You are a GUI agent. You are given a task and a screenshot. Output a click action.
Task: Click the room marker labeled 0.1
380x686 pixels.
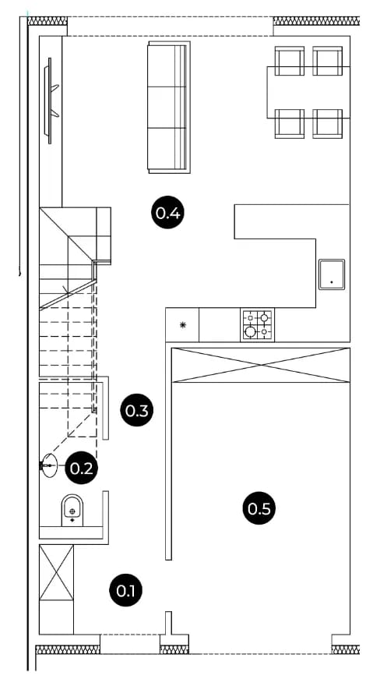point(126,591)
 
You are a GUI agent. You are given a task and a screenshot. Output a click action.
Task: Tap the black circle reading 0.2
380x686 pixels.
point(82,469)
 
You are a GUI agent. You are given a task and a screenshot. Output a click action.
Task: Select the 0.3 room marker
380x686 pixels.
point(137,410)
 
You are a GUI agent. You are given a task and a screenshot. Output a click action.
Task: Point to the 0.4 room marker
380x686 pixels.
point(168,213)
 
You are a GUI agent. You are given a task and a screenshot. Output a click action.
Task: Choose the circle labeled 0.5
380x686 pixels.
point(259,508)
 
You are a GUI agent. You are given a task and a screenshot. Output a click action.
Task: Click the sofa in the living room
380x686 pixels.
point(169,108)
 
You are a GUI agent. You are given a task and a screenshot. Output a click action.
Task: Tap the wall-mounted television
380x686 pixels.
point(51,101)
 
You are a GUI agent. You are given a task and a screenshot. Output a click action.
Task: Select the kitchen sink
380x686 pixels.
point(332,274)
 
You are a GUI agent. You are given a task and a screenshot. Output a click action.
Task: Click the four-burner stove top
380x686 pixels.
point(257,324)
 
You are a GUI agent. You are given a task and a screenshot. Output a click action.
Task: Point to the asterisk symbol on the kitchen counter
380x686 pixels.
point(183,324)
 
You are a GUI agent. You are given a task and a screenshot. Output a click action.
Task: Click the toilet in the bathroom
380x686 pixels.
point(72,510)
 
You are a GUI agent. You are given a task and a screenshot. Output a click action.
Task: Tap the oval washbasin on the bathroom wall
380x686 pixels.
point(49,465)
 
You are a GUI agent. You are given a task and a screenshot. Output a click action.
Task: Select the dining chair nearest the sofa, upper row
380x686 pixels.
point(289,61)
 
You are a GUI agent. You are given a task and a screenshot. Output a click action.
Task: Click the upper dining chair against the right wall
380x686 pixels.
point(328,61)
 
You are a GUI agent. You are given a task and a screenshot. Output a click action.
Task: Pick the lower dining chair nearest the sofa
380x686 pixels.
point(289,124)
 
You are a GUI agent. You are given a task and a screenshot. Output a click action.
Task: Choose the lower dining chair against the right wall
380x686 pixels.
point(328,124)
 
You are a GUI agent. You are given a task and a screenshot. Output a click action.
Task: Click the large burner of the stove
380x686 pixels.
point(250,331)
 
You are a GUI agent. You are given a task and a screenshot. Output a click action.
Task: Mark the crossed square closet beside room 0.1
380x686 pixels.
point(56,572)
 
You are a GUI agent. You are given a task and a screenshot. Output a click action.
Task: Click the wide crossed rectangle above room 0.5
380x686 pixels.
point(261,365)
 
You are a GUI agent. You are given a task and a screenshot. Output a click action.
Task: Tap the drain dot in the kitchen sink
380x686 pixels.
point(332,282)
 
